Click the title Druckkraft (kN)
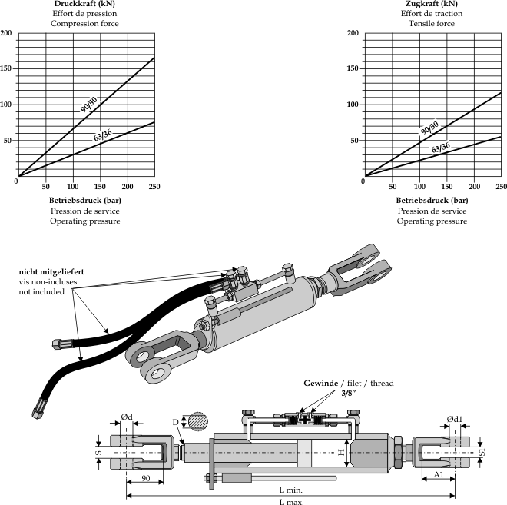[x=85, y=4]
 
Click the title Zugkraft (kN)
[x=431, y=4]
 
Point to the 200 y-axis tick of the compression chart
[x=6, y=33]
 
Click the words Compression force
[x=85, y=24]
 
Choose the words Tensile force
[x=431, y=24]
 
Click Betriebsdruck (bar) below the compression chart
[x=85, y=200]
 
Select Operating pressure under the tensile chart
[x=431, y=221]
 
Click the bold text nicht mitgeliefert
[x=51, y=272]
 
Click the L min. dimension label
[x=291, y=490]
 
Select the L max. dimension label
[x=291, y=501]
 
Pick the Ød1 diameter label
[x=455, y=419]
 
